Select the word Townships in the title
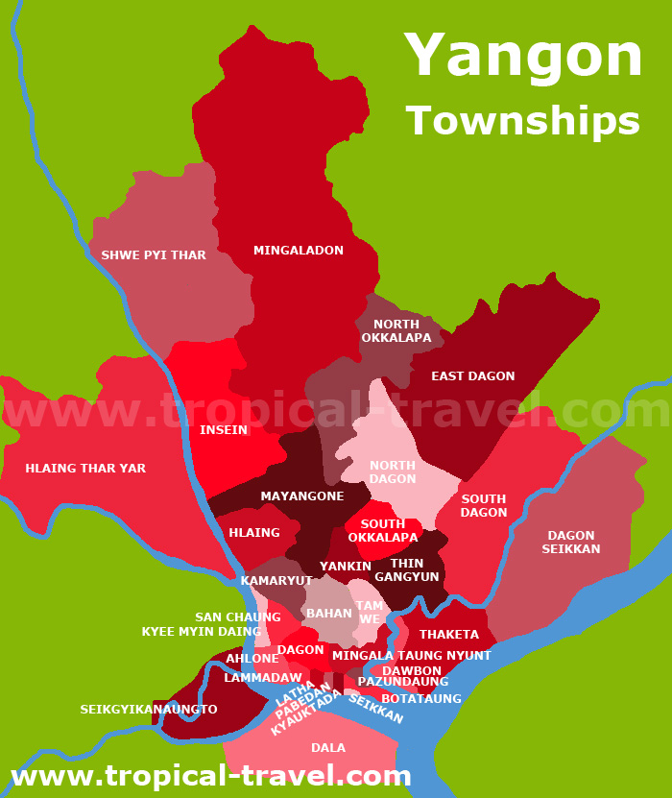(x=523, y=122)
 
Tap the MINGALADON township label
(x=299, y=251)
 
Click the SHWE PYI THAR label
(x=154, y=255)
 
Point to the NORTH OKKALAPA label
(x=396, y=331)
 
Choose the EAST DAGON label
(x=473, y=376)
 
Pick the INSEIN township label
(x=224, y=430)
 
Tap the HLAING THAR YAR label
(x=85, y=469)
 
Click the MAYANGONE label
(x=302, y=496)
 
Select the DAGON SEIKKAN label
(x=571, y=543)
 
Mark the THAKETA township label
(x=449, y=635)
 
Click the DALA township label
(x=328, y=748)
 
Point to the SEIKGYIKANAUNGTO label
(x=149, y=710)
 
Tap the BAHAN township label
(x=329, y=614)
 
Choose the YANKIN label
(x=346, y=567)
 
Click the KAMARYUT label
(x=276, y=581)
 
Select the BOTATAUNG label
(x=421, y=699)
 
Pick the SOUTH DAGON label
(x=484, y=506)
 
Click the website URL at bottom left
(x=211, y=776)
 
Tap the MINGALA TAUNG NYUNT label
(x=412, y=656)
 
